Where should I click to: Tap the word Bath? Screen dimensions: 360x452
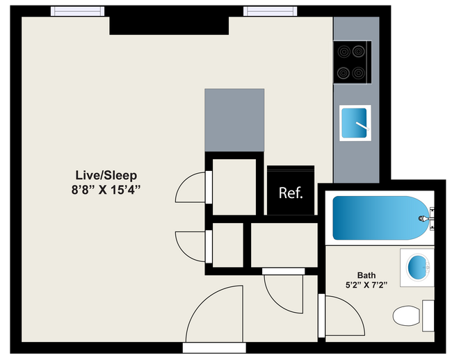[366, 275]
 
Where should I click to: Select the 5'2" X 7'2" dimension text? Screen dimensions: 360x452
[366, 285]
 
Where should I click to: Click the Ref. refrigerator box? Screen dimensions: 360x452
[291, 193]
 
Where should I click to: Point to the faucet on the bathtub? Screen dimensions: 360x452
[423, 218]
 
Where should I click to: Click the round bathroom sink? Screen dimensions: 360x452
[417, 267]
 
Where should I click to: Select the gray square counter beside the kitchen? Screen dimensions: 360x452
[234, 120]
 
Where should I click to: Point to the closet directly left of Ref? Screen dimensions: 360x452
[234, 186]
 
